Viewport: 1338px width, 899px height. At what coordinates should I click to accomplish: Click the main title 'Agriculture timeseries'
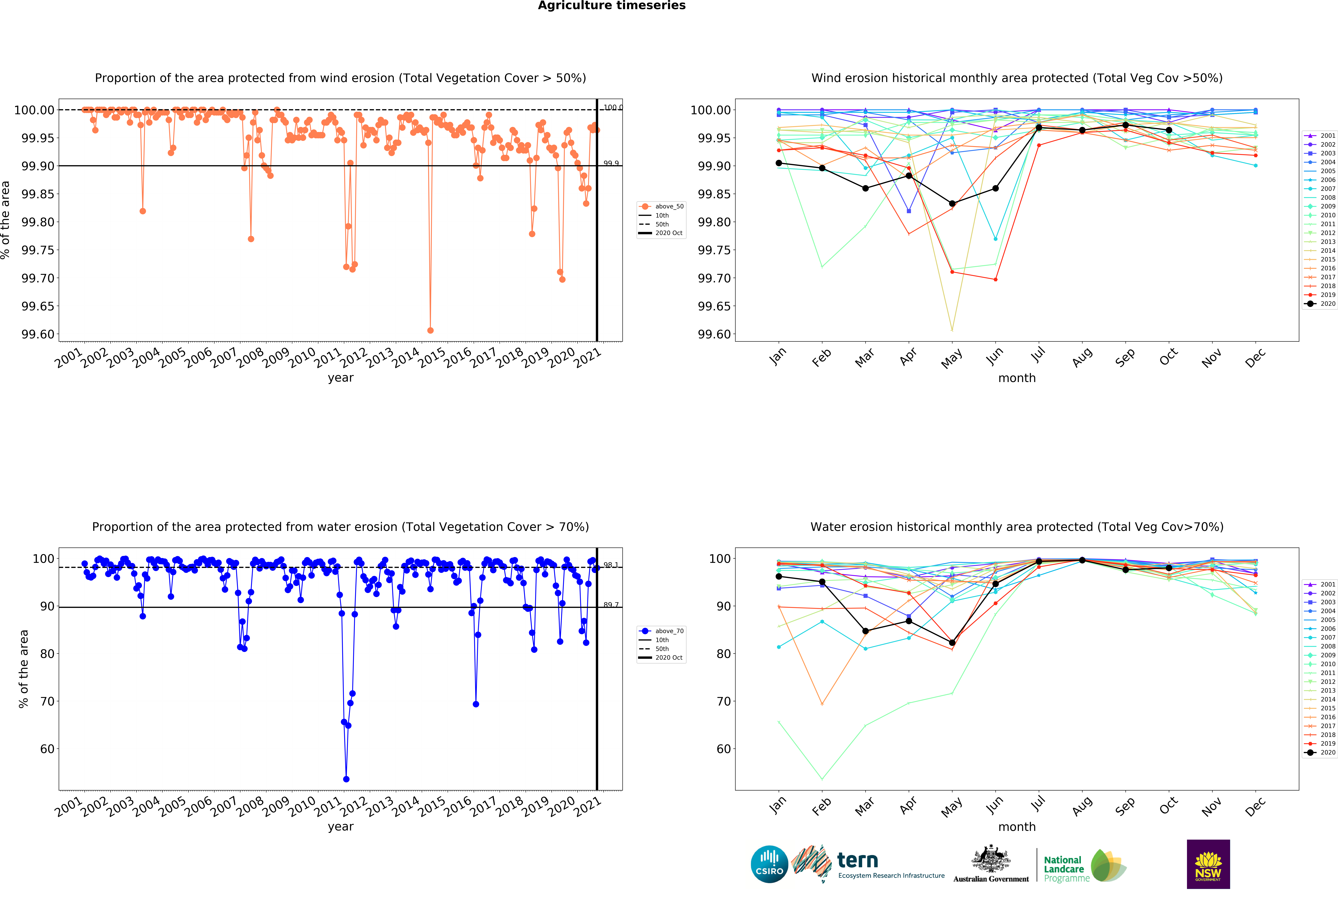click(611, 6)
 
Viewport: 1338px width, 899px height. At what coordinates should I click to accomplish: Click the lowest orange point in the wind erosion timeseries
click(430, 330)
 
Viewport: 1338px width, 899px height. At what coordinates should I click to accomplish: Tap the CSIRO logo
click(769, 864)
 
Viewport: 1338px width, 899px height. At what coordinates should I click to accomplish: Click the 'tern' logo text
click(857, 860)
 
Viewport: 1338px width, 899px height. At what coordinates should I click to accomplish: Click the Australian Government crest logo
click(991, 863)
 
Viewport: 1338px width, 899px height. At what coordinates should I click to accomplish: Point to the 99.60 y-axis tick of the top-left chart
click(38, 334)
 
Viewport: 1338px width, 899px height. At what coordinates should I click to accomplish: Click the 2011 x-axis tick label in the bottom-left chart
click(328, 807)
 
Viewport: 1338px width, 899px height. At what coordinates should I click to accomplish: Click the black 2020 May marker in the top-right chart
click(952, 203)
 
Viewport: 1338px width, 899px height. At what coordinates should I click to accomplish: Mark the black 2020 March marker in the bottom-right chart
click(865, 631)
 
